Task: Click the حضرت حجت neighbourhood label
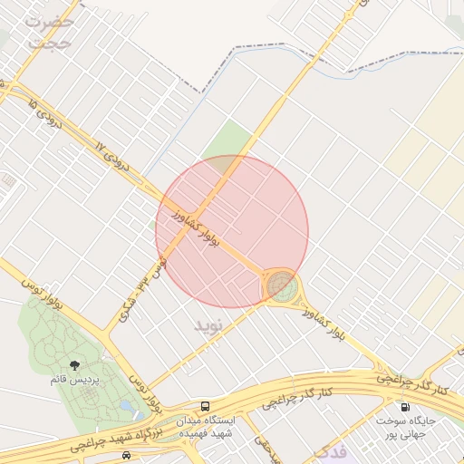[x=50, y=30]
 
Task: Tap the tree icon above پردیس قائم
[x=87, y=364]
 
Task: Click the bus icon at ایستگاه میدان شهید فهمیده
[x=206, y=407]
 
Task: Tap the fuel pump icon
[x=403, y=407]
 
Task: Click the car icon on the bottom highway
[x=127, y=454]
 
